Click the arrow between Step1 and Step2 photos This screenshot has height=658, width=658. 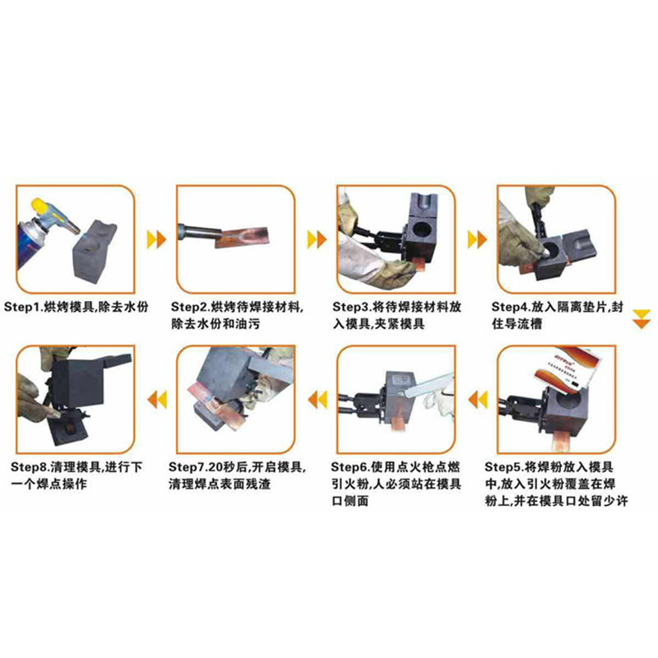pyautogui.click(x=155, y=239)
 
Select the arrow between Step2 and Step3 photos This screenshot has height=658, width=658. pyautogui.click(x=316, y=239)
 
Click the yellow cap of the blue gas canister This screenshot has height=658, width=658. pyautogui.click(x=39, y=206)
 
